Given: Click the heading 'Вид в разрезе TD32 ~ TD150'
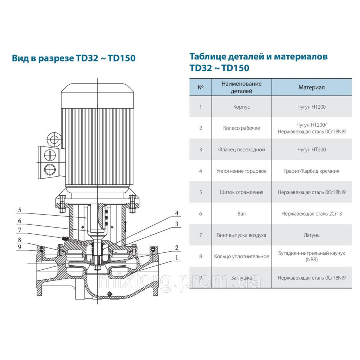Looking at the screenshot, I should point(74,58).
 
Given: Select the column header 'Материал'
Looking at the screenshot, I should point(311,87).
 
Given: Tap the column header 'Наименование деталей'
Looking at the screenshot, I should point(241,87).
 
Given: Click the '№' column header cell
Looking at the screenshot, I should point(201,87).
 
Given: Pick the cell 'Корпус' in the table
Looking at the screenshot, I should point(241,107).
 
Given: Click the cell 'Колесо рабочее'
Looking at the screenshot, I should point(241,128).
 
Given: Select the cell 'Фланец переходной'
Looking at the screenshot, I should point(241,149).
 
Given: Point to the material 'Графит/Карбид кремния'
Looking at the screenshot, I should point(311,171).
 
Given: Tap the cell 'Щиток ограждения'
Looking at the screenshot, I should point(241,192).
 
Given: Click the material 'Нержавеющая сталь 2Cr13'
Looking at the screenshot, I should point(311,213).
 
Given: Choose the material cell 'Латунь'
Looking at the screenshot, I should point(311,235).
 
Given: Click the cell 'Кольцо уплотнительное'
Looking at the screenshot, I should point(241,256).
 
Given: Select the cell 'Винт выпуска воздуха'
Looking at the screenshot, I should point(241,235).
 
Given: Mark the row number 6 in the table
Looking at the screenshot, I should point(201,213).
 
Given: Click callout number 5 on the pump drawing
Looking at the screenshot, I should point(20,210).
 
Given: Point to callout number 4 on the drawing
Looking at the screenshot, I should point(177,213).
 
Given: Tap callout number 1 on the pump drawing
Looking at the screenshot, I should point(177,257).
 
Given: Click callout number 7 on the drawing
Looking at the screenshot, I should point(20,229).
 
